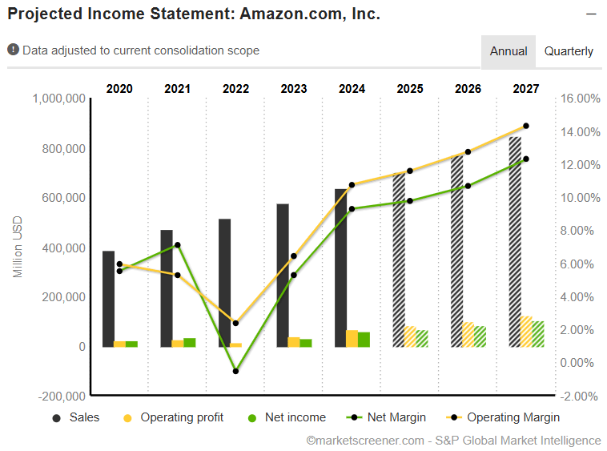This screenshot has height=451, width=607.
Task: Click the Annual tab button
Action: [x=509, y=51]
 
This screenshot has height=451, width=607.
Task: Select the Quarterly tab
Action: [x=569, y=51]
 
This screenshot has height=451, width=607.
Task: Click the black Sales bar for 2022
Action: [x=224, y=282]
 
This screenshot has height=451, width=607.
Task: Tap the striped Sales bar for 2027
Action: [x=515, y=240]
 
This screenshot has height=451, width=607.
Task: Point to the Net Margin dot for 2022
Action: [x=235, y=371]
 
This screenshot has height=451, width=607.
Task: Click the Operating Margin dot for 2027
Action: [x=526, y=126]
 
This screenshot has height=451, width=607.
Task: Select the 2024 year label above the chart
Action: [x=352, y=89]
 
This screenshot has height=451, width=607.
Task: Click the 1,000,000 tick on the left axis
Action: [x=59, y=99]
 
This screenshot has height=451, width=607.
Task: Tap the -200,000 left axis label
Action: [x=62, y=396]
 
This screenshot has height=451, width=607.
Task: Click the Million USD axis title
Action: [x=18, y=248]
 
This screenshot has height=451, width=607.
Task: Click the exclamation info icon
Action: [x=14, y=50]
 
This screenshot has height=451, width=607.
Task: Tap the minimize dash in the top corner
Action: [x=591, y=14]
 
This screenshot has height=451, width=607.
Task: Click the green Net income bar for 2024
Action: [x=364, y=340]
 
